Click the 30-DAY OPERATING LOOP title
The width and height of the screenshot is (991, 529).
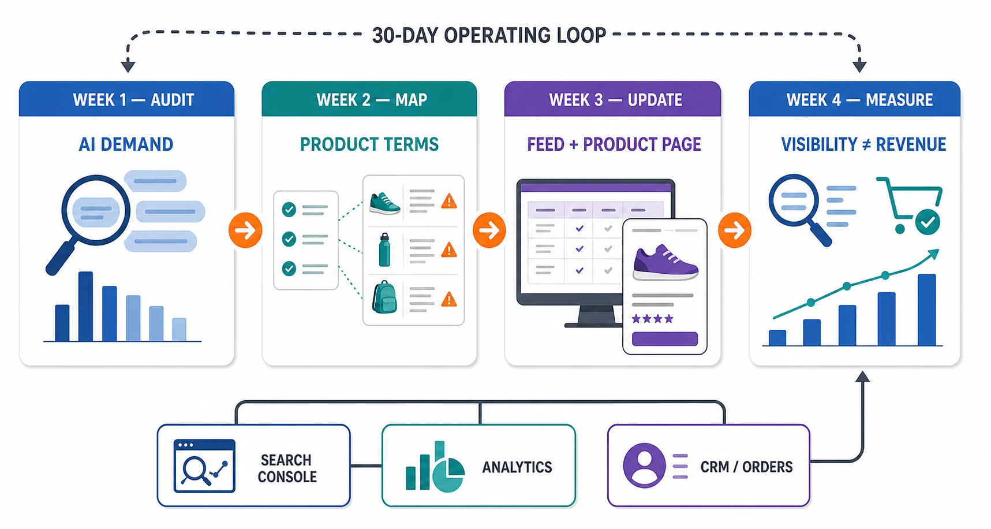click(x=489, y=35)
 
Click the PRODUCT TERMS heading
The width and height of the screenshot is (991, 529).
click(x=369, y=144)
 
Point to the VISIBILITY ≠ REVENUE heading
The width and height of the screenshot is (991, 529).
click(x=863, y=144)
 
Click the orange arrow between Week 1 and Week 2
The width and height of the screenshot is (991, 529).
click(x=245, y=230)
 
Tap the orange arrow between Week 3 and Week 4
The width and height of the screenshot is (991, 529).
click(x=735, y=230)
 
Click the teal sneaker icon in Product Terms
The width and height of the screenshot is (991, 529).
click(x=384, y=203)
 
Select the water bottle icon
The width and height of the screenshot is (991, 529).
click(x=384, y=249)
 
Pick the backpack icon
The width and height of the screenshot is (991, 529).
click(x=384, y=297)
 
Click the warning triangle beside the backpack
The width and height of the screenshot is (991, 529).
click(x=448, y=299)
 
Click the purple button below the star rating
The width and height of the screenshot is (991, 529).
click(x=665, y=339)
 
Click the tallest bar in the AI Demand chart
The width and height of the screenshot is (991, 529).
click(x=85, y=306)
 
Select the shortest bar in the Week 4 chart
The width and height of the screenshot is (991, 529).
click(x=777, y=338)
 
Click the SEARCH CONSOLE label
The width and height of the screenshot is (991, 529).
click(x=287, y=468)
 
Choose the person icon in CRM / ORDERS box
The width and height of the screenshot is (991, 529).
click(x=644, y=465)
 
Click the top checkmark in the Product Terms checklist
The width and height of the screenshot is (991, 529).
click(x=289, y=209)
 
